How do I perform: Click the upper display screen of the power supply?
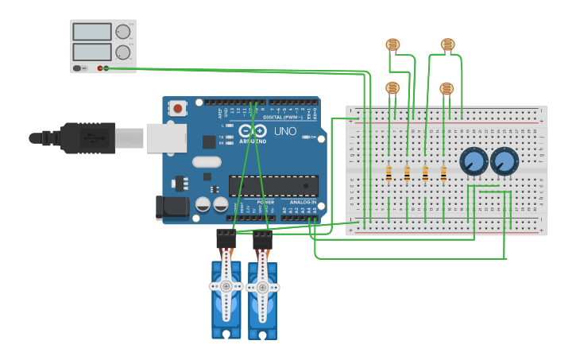coord(92,32)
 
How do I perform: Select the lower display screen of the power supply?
coord(92,52)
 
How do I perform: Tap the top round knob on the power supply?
coord(123,32)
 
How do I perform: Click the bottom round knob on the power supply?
coord(123,52)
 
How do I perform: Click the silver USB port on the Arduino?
coord(165,138)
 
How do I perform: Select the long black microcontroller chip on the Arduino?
coord(273,186)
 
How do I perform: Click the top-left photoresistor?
coord(392,45)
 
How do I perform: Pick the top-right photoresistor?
coord(448,45)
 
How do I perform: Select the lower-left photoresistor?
coord(392,87)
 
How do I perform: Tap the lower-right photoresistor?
coord(446,88)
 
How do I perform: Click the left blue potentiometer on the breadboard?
coord(474,162)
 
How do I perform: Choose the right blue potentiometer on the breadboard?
coord(504,162)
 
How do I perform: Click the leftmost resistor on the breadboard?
coord(389,173)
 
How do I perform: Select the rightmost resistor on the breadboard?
coord(443,173)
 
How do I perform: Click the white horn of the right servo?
coord(262,285)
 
